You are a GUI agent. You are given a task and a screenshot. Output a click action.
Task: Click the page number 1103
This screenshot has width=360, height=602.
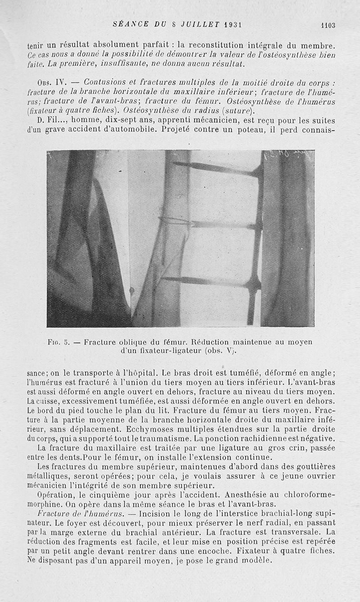tap(328, 26)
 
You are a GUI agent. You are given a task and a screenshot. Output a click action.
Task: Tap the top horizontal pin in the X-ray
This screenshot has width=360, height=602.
tap(216, 168)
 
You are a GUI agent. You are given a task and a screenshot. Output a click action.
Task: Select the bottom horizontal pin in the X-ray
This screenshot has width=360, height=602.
tap(211, 281)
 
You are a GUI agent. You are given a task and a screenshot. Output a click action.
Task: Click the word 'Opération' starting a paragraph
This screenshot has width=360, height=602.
tap(55, 494)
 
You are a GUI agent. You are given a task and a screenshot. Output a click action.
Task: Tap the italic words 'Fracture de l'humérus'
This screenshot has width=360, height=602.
tap(78, 513)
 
